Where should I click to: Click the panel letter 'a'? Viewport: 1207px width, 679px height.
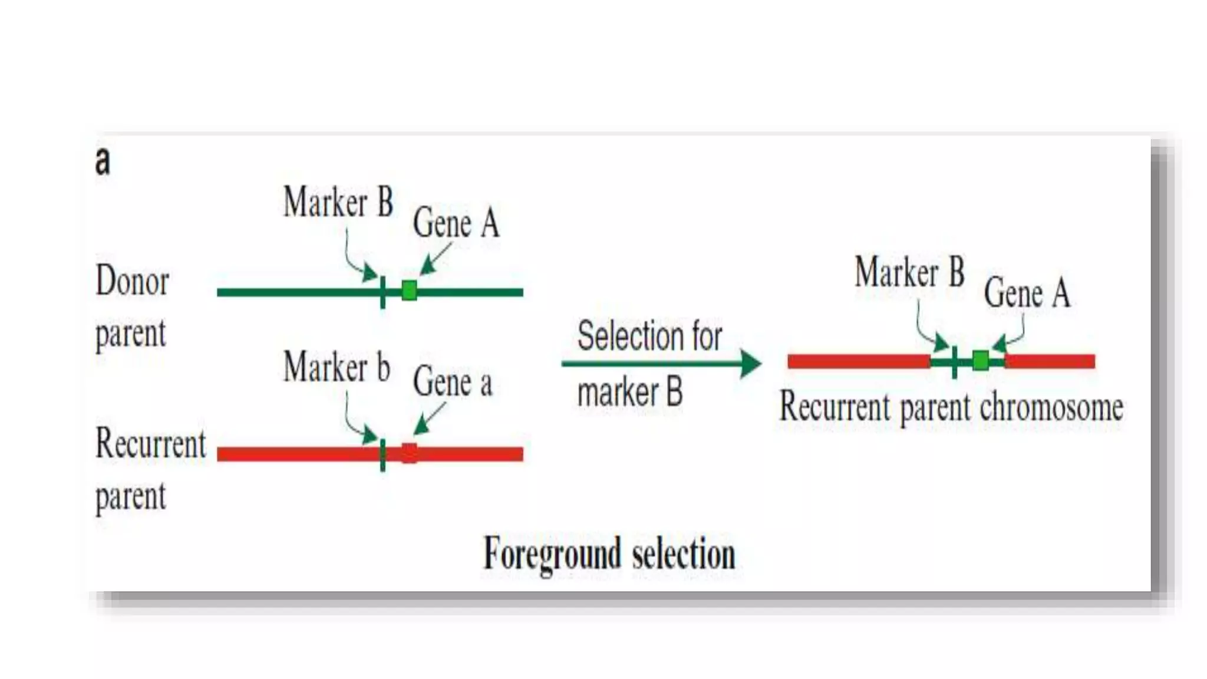coord(103,161)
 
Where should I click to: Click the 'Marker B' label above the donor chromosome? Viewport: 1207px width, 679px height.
coord(338,202)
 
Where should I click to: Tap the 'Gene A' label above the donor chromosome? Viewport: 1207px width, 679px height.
coord(456,223)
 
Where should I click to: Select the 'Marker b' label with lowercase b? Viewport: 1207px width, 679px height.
coord(337,367)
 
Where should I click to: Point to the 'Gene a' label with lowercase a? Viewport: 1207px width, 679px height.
coord(452,382)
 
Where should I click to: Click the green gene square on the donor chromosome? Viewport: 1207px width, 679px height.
coord(409,291)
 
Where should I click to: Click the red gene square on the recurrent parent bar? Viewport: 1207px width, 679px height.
coord(409,453)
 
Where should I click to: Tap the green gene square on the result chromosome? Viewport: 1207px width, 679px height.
coord(981,361)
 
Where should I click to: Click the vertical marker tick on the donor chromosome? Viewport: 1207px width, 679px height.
coord(382,292)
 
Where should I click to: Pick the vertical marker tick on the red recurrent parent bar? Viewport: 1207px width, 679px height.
coord(383,454)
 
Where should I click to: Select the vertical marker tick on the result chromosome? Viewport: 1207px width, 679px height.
coord(954,361)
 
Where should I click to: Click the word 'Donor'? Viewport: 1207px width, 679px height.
coord(132,281)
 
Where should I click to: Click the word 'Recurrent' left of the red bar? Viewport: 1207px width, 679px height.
coord(151,443)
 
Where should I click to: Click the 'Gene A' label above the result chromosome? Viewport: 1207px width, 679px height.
coord(1027,293)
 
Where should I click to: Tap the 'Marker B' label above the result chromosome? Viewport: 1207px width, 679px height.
coord(909,272)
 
